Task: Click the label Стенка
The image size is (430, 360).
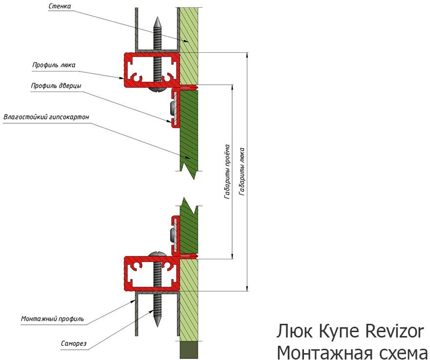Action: tap(61, 7)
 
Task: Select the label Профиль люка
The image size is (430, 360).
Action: tap(54, 65)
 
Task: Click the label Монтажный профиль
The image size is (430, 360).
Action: tap(52, 319)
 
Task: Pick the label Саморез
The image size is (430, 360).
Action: tap(74, 344)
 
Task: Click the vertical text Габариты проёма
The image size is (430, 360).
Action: tap(227, 171)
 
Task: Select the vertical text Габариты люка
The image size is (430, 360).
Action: tap(242, 171)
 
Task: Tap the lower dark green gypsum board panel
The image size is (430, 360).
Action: tap(188, 230)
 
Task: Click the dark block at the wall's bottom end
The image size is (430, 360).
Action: tap(189, 350)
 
